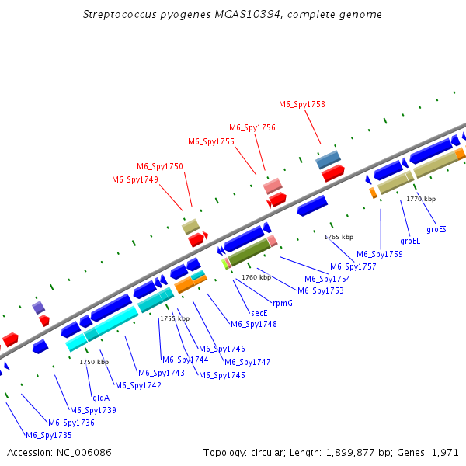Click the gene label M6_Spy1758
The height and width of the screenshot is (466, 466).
click(302, 104)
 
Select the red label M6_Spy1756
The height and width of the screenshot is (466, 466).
click(252, 128)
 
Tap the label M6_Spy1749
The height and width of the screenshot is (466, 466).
click(135, 180)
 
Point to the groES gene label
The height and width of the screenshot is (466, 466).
click(436, 229)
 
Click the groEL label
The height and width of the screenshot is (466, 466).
click(410, 241)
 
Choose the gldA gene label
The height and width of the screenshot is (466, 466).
click(101, 398)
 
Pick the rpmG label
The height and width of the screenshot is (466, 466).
click(283, 303)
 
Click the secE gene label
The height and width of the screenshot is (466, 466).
click(259, 313)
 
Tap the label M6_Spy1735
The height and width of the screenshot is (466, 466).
click(49, 435)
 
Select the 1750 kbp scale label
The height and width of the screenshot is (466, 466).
click(94, 362)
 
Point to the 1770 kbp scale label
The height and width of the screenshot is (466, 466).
click(421, 199)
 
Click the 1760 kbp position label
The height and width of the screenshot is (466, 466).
click(256, 277)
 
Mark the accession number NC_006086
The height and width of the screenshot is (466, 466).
click(84, 453)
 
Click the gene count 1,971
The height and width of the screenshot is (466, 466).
click(445, 453)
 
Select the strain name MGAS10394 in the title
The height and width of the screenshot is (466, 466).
click(247, 14)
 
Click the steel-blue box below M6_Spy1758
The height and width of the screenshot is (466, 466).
click(328, 159)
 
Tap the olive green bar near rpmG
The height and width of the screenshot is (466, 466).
click(249, 252)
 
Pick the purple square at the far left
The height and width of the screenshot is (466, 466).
click(38, 308)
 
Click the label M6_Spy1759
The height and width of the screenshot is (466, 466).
click(380, 255)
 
